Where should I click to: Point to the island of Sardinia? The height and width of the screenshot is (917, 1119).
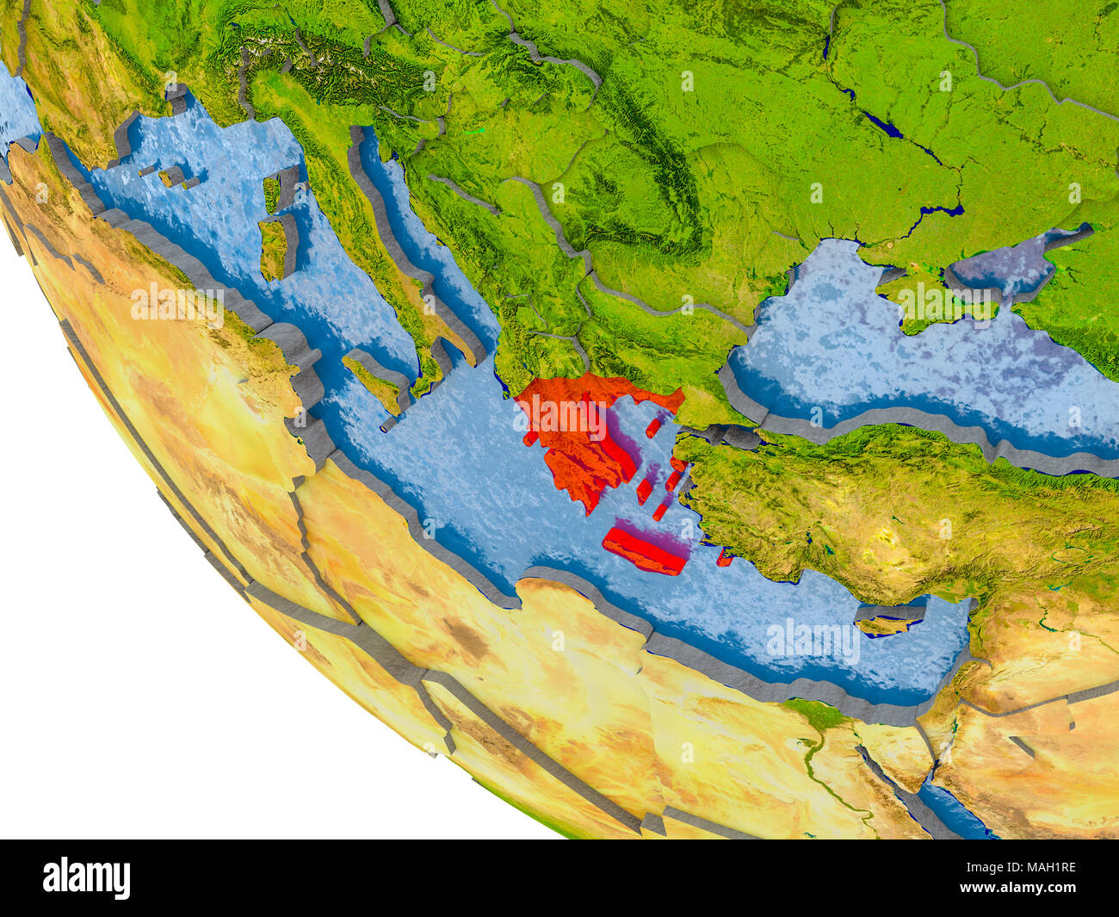(x=275, y=250)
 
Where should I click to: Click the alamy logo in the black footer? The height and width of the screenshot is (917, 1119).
(x=87, y=877)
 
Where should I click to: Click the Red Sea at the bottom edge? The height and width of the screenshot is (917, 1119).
(x=955, y=809)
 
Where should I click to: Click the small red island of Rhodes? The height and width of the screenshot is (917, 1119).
(x=724, y=559)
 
